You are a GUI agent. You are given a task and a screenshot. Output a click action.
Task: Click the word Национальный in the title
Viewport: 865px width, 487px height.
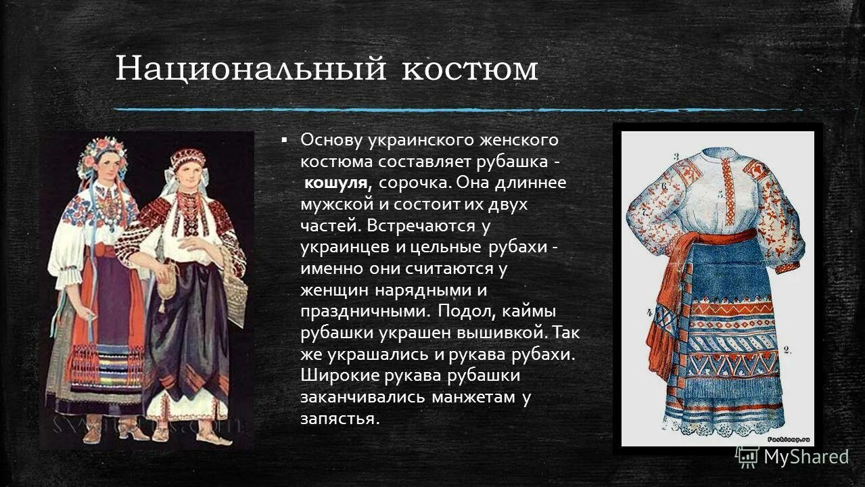click(x=251, y=69)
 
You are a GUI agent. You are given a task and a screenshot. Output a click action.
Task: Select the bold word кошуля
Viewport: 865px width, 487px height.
click(x=336, y=183)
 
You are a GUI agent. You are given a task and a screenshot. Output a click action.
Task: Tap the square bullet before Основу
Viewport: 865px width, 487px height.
click(x=285, y=139)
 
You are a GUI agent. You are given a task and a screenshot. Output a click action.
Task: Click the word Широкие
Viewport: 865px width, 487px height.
click(x=341, y=376)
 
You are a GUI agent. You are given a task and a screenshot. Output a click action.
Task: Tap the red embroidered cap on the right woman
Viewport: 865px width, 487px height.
click(x=187, y=159)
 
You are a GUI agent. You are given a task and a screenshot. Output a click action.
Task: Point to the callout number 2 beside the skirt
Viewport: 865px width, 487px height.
click(x=787, y=350)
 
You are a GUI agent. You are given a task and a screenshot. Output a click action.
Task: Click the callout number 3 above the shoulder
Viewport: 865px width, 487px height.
click(x=676, y=157)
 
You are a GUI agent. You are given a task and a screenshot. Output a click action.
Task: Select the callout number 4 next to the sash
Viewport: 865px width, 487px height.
click(x=649, y=312)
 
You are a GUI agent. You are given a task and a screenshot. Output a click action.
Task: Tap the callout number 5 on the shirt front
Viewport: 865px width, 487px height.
click(x=721, y=193)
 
